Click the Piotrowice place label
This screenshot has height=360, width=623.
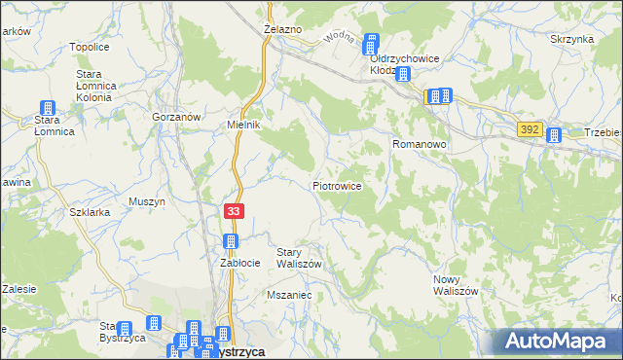pos(338,185)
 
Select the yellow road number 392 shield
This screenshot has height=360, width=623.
pos(530,128)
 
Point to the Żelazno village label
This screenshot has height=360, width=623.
pos(283,30)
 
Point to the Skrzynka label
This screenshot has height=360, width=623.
pos(571,39)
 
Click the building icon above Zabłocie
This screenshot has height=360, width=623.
pos(232,241)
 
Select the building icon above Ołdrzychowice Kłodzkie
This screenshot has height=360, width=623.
pos(371,43)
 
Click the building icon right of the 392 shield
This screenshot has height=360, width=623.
pos(554,136)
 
